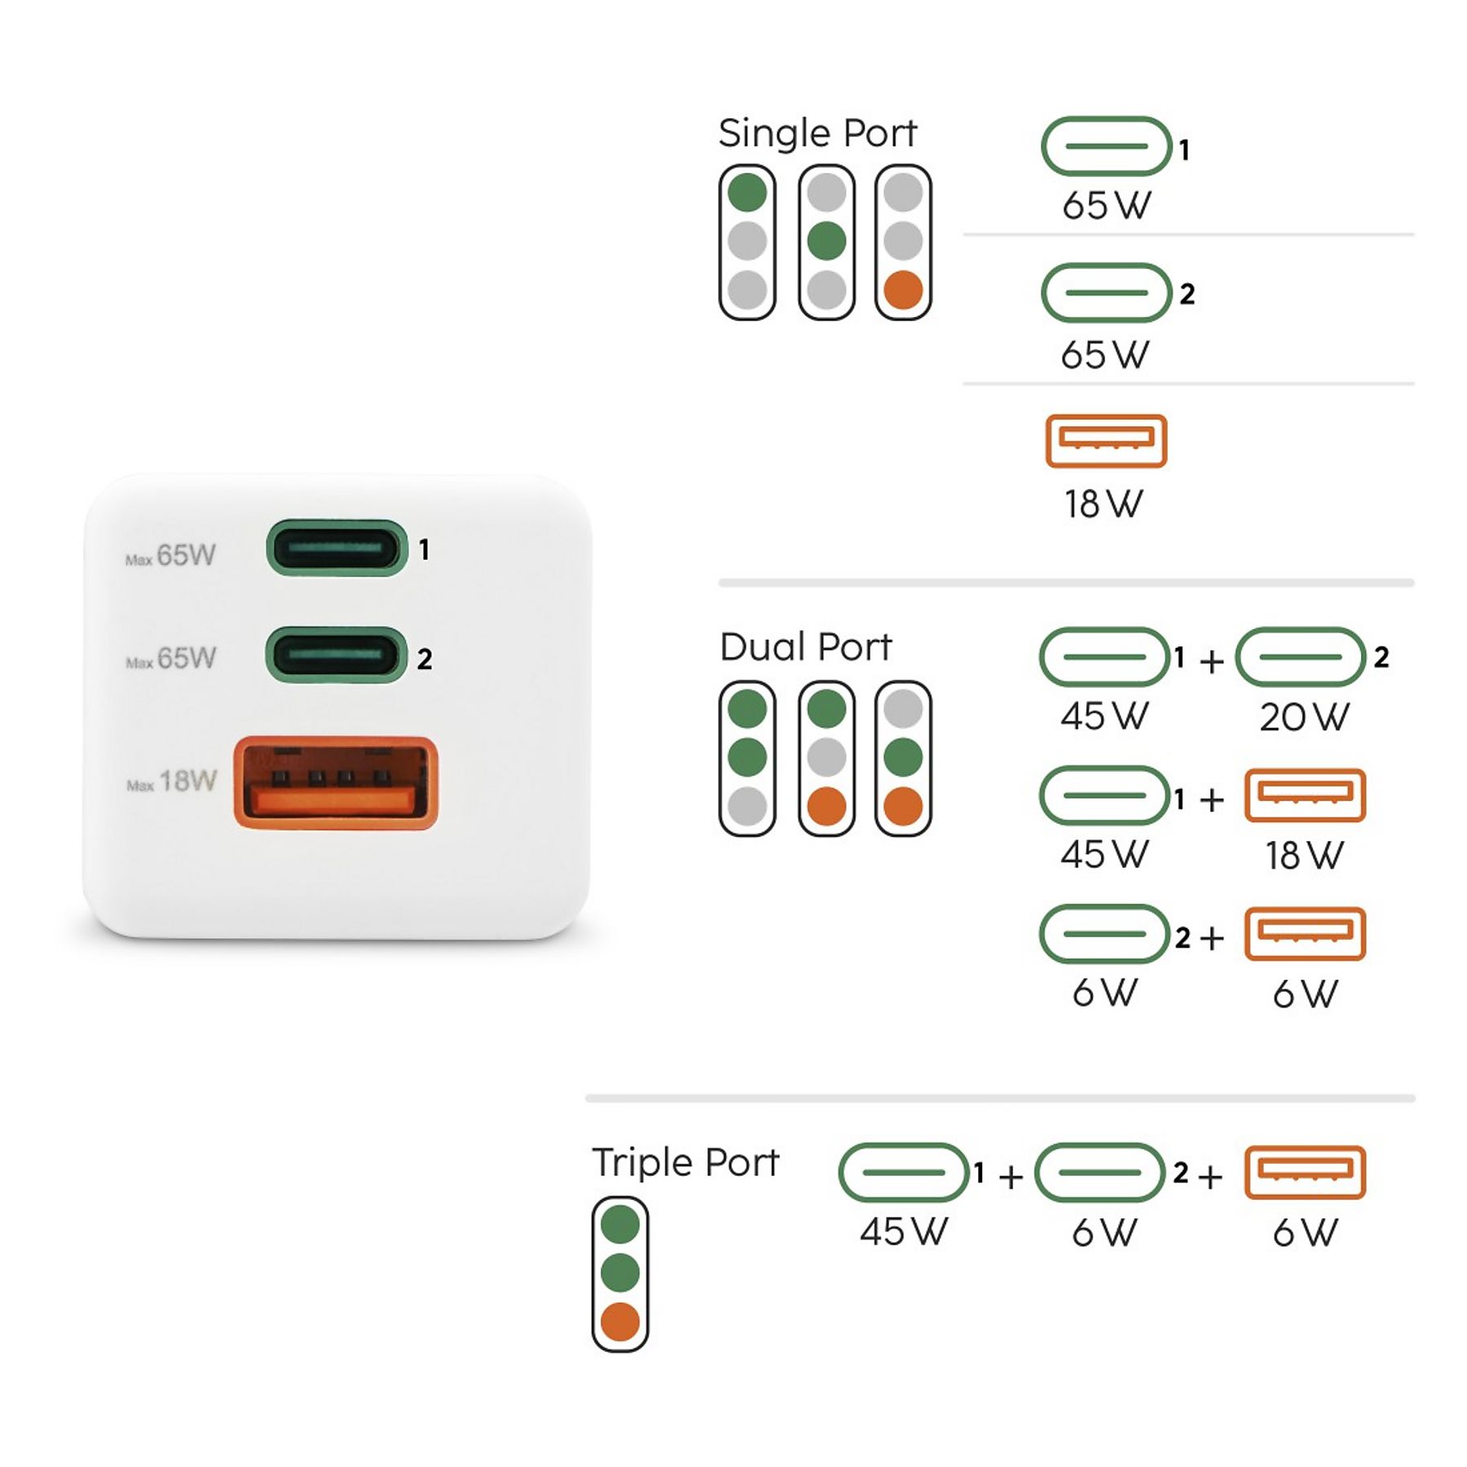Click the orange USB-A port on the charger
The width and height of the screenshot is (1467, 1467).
click(x=336, y=783)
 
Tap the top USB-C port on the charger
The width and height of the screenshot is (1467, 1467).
click(x=337, y=548)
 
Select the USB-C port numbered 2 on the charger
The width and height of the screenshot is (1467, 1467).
click(x=336, y=654)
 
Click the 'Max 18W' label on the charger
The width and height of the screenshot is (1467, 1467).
click(x=172, y=781)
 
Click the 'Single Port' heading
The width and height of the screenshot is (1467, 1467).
click(x=817, y=133)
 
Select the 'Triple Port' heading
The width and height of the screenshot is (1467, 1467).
click(x=685, y=1162)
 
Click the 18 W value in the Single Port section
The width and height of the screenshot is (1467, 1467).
click(x=1104, y=504)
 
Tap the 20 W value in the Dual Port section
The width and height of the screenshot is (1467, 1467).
click(x=1304, y=717)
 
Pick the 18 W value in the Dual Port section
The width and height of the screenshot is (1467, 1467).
click(x=1304, y=856)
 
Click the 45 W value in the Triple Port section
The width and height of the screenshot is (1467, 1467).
click(x=904, y=1231)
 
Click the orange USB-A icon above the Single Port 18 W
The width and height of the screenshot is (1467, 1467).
click(x=1106, y=441)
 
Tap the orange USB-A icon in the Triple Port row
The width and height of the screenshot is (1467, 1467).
click(x=1305, y=1173)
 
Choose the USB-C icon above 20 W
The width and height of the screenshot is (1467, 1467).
click(x=1301, y=657)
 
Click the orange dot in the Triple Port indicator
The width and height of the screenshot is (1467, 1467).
click(x=620, y=1322)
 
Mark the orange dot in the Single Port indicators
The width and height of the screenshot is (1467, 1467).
click(x=903, y=290)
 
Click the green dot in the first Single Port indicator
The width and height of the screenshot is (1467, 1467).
click(x=747, y=192)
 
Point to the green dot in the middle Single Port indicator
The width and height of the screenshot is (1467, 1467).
click(x=826, y=241)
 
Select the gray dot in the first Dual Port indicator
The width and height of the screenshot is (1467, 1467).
click(x=747, y=806)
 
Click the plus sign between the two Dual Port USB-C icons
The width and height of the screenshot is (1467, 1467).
click(x=1212, y=661)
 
